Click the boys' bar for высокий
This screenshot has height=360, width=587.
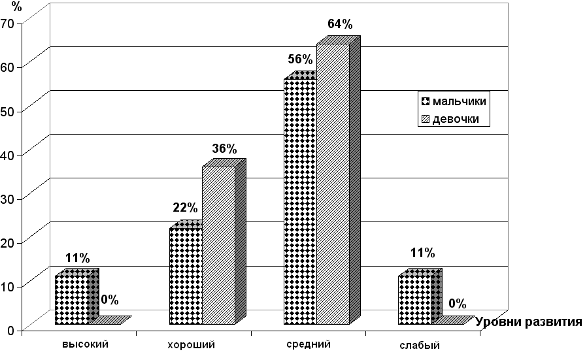point(71,300)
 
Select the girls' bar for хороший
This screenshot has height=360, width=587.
point(218,246)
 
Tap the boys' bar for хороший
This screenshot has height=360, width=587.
point(186,276)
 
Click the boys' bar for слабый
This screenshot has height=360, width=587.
point(415,300)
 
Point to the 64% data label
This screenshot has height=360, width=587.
point(339,25)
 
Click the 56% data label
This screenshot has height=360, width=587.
point(300,59)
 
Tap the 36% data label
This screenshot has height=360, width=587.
point(224,148)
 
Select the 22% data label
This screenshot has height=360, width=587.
point(185,208)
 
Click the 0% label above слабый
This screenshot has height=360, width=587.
point(457,303)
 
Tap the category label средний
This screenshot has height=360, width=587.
point(308,344)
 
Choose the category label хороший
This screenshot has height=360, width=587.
point(192,344)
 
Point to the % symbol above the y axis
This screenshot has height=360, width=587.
point(7,7)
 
